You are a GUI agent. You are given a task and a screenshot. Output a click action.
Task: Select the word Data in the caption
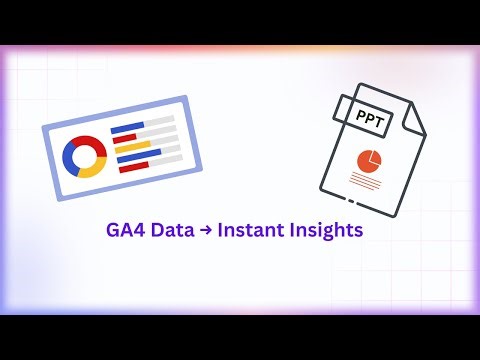[x=171, y=229]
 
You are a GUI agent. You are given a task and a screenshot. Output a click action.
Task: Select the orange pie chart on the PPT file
[x=369, y=159]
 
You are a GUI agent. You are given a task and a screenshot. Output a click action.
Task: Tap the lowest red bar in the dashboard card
[x=134, y=167]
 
